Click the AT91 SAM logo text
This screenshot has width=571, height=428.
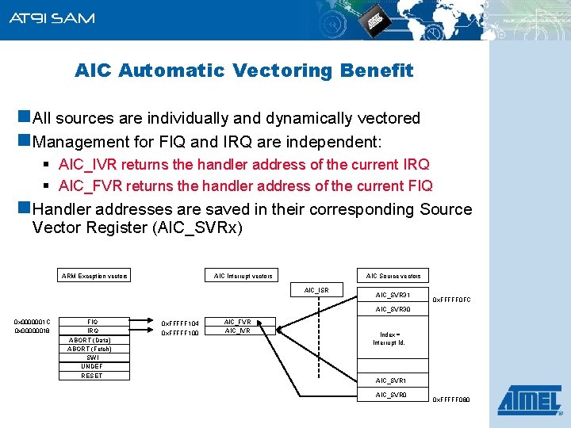(x=52, y=17)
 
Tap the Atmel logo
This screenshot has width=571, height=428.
(x=528, y=399)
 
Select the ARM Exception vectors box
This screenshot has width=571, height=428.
(x=94, y=276)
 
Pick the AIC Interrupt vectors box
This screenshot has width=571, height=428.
(x=243, y=276)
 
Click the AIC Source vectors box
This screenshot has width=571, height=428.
(x=393, y=276)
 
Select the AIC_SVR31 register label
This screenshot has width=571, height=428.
(x=393, y=295)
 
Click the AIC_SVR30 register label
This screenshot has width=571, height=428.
(x=393, y=309)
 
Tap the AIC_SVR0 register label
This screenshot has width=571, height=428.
(x=391, y=394)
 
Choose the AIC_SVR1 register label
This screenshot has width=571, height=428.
(x=391, y=380)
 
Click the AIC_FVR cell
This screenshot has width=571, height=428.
(x=238, y=322)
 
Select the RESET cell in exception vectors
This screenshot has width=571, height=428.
(x=92, y=376)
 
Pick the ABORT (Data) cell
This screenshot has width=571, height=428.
(x=92, y=340)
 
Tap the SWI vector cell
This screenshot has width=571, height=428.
(x=92, y=357)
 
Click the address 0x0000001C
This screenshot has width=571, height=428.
(x=33, y=322)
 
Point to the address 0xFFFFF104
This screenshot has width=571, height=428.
(x=180, y=323)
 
